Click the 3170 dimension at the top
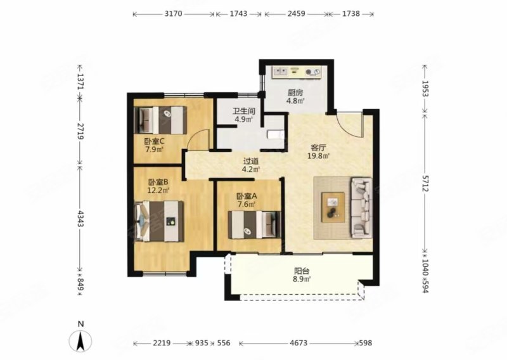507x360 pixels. (x=174, y=13)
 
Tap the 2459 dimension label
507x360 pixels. (x=296, y=13)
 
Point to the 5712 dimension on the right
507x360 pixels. (x=425, y=182)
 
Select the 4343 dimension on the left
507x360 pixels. (x=80, y=219)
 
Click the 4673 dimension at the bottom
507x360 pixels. (x=298, y=343)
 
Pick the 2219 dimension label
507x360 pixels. (x=162, y=343)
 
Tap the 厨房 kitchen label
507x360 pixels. (x=295, y=93)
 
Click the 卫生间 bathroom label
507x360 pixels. (x=244, y=112)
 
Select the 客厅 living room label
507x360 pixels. (x=318, y=148)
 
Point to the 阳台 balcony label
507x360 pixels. (x=302, y=271)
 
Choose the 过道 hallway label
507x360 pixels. (x=251, y=161)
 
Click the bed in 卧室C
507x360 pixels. (x=160, y=120)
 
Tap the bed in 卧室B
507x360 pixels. (x=159, y=221)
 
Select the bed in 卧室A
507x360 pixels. (x=254, y=225)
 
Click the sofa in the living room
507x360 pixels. (x=361, y=207)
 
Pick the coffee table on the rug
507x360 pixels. (x=333, y=207)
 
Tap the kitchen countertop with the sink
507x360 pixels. (x=297, y=72)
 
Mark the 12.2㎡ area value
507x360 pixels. (x=158, y=190)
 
